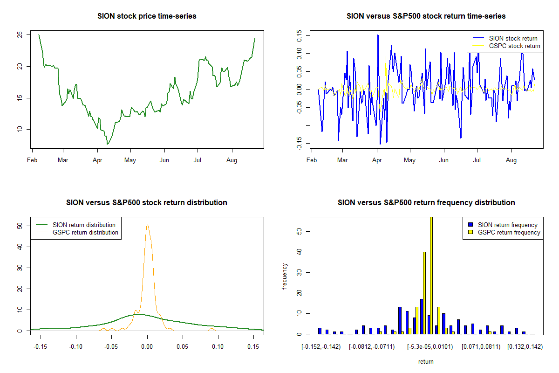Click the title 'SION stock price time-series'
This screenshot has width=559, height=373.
point(147,16)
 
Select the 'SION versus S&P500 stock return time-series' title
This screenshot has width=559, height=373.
point(426,16)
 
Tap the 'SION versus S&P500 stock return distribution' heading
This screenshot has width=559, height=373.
point(147,203)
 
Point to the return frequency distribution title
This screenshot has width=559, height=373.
point(426,203)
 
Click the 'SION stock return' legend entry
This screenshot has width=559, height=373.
point(513,39)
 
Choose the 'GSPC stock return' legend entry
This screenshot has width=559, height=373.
point(514,46)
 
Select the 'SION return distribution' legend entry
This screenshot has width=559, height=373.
point(84,225)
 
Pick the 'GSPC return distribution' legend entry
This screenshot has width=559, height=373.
point(85,232)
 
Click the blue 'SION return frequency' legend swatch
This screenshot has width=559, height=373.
point(471,225)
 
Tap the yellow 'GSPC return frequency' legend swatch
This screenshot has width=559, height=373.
point(471,232)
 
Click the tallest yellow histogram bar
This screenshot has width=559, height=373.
point(431,275)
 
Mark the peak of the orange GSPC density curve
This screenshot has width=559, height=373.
point(147,224)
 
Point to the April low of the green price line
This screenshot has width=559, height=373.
point(107,144)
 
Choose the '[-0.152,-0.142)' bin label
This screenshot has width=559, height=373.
point(321,346)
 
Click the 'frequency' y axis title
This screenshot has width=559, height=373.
point(285,276)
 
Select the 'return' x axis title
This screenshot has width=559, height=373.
point(426,361)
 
